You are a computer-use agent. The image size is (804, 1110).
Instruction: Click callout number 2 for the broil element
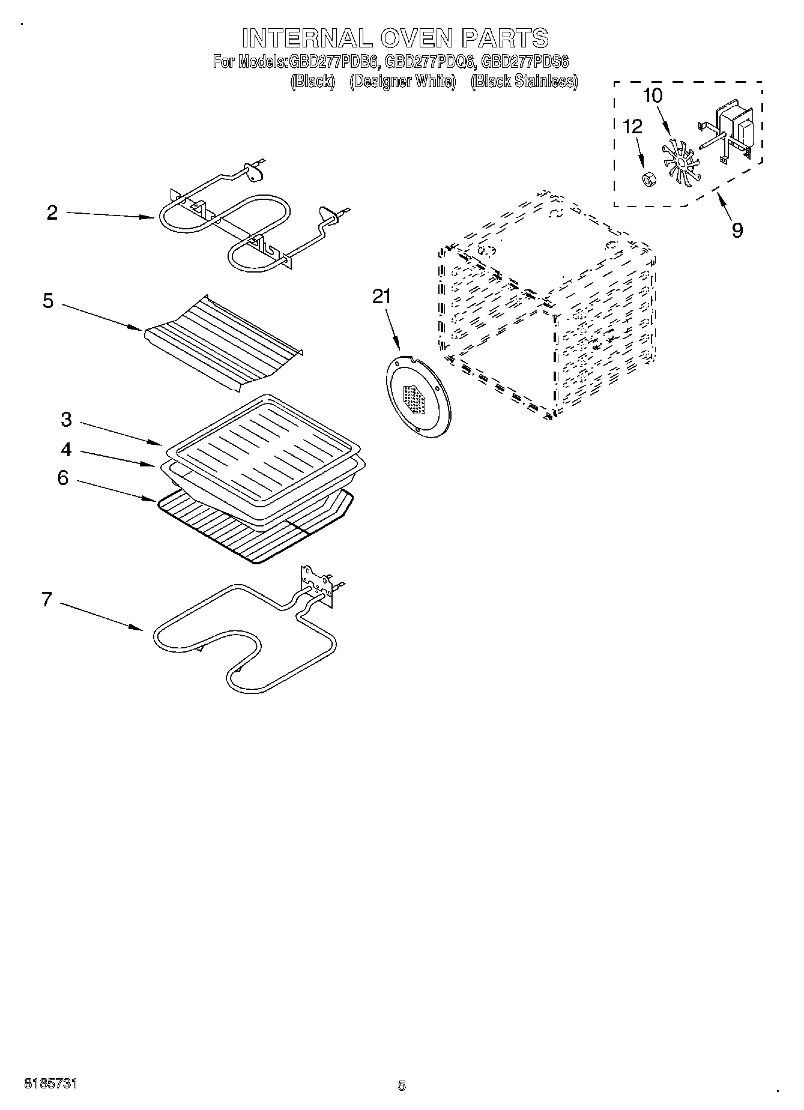point(52,213)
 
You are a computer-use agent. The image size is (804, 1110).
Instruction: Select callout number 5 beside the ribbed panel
point(48,301)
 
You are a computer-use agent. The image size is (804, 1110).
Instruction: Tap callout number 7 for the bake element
point(47,599)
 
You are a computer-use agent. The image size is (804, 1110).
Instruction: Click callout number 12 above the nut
point(632,126)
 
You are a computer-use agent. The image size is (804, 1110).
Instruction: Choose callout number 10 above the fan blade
point(653,96)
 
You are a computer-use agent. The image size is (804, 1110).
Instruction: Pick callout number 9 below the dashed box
point(737,229)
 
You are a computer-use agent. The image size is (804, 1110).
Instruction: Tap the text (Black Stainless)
point(524,81)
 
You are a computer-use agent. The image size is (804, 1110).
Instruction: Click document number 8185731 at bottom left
point(50,1084)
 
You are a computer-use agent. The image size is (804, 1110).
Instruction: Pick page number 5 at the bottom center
point(402,1085)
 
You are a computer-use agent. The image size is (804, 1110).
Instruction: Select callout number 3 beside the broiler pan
point(66,420)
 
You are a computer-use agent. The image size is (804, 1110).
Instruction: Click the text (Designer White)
point(402,81)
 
